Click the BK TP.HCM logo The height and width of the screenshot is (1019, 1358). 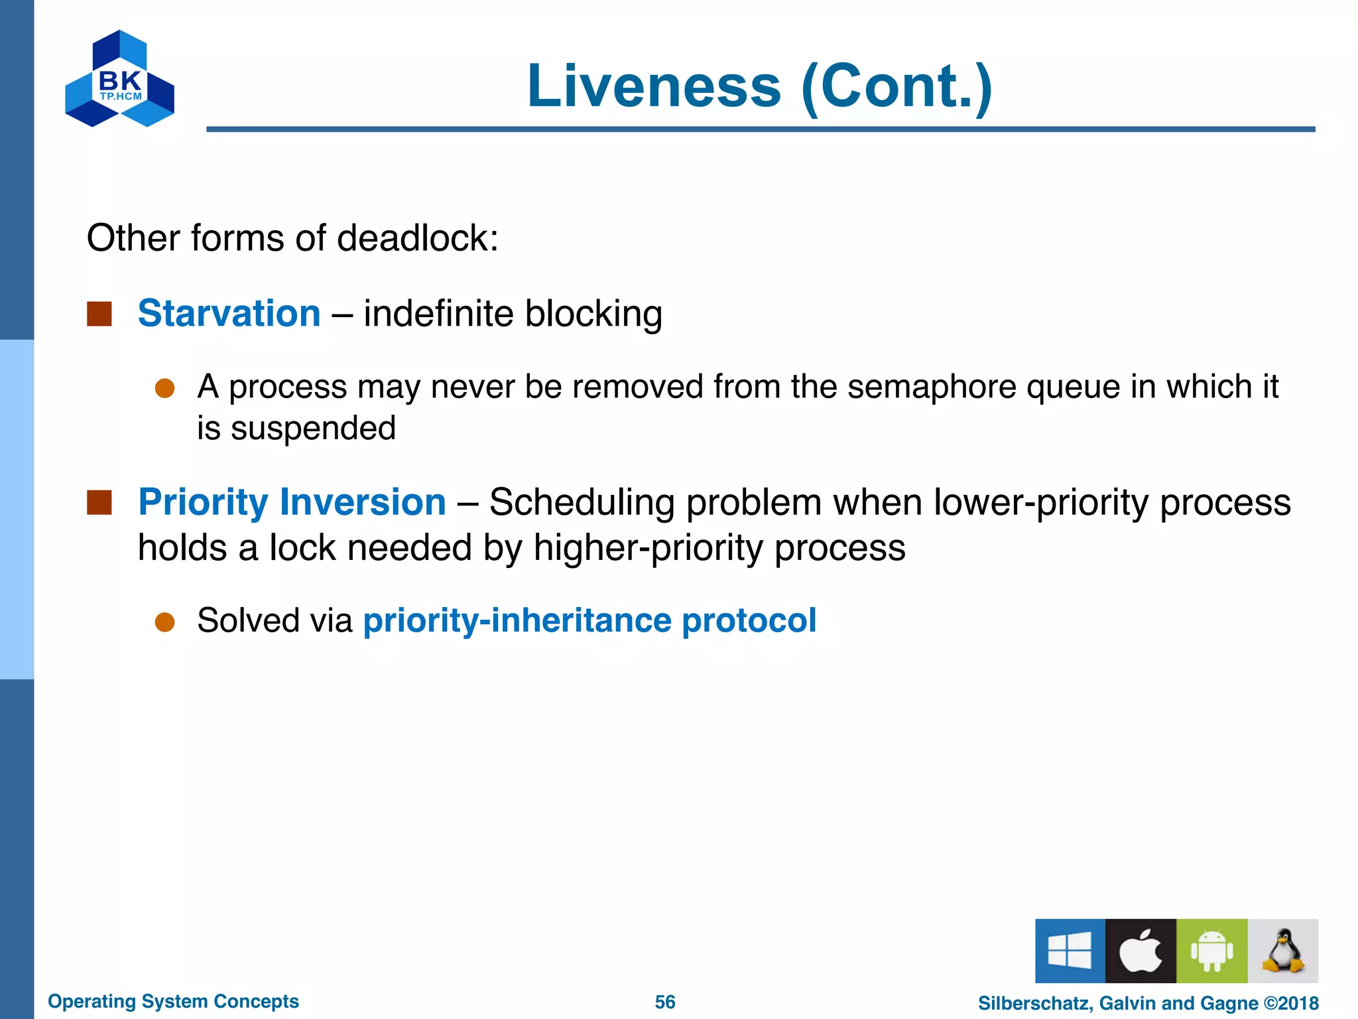point(119,79)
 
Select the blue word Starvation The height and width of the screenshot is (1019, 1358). point(229,313)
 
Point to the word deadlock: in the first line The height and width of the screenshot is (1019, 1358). point(417,238)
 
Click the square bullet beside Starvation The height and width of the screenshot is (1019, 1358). point(99,314)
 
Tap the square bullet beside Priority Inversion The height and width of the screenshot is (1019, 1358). point(99,502)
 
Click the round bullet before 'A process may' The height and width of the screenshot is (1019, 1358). point(164,388)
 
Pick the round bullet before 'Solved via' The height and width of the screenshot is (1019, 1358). point(164,622)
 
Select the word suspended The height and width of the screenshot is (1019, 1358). point(313,428)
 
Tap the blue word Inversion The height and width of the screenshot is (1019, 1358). point(363,502)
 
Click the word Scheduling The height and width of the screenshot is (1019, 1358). point(582,502)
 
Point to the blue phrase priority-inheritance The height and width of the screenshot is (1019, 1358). point(517,621)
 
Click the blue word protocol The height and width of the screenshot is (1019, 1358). point(749,621)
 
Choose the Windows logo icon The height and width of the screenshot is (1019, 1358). point(1070,950)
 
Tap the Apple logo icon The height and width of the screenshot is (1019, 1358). point(1141,950)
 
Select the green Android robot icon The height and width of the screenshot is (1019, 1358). point(1211,950)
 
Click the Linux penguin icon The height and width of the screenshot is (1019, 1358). point(1283,950)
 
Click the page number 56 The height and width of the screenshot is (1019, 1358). point(665,1002)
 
